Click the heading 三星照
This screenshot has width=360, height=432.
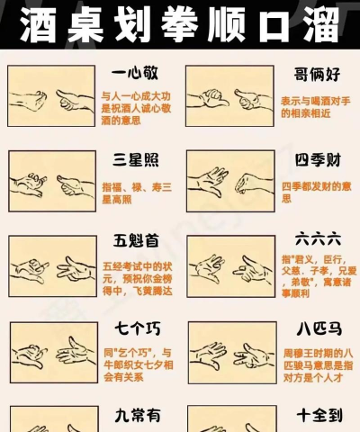click(136, 160)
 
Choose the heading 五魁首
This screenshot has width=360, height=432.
click(136, 241)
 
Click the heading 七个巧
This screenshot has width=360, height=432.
click(136, 326)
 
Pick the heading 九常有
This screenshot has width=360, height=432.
click(136, 415)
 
